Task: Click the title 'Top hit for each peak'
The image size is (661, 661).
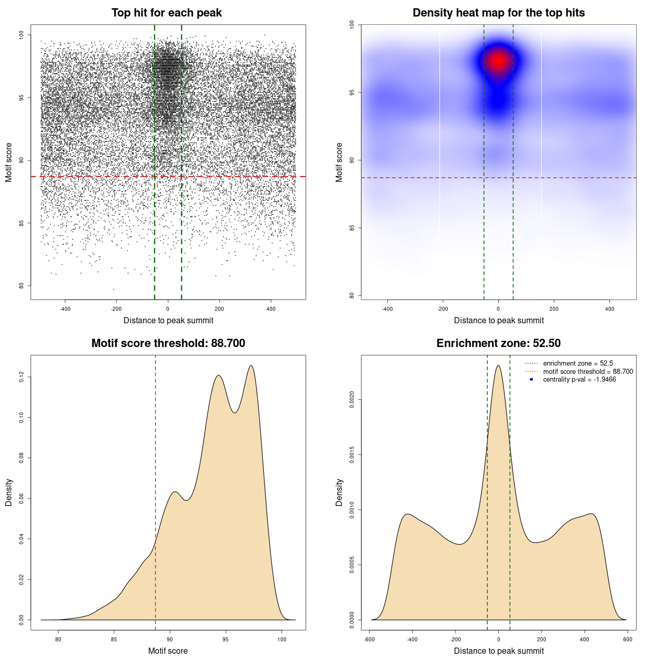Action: tap(166, 13)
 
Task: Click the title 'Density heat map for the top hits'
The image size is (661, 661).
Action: tap(498, 13)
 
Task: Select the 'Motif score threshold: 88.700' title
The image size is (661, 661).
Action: tap(168, 343)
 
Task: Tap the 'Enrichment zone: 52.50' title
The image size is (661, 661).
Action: tap(498, 343)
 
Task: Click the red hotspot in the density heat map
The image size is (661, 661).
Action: tap(498, 61)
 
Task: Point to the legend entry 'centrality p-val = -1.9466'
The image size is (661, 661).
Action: tap(579, 380)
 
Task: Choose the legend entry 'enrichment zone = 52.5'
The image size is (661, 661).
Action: tap(578, 364)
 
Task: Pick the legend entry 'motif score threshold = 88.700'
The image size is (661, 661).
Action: tap(588, 372)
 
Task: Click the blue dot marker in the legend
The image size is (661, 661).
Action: tap(531, 380)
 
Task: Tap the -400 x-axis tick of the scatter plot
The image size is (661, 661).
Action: tap(65, 309)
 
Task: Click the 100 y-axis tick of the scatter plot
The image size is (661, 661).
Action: tap(22, 35)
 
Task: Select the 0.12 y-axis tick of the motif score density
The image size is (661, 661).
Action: tap(22, 377)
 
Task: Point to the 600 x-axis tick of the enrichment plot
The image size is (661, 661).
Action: tap(627, 639)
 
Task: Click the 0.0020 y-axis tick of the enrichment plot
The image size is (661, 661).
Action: tap(352, 400)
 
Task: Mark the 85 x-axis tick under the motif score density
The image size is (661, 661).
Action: tap(114, 639)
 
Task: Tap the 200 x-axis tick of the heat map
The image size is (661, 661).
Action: tap(554, 309)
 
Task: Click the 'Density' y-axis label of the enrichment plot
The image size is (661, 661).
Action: tap(339, 492)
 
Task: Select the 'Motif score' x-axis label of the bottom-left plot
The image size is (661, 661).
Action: tap(168, 651)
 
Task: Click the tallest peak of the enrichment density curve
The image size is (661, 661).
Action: tap(498, 366)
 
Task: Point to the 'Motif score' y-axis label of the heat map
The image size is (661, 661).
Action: tap(339, 162)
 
